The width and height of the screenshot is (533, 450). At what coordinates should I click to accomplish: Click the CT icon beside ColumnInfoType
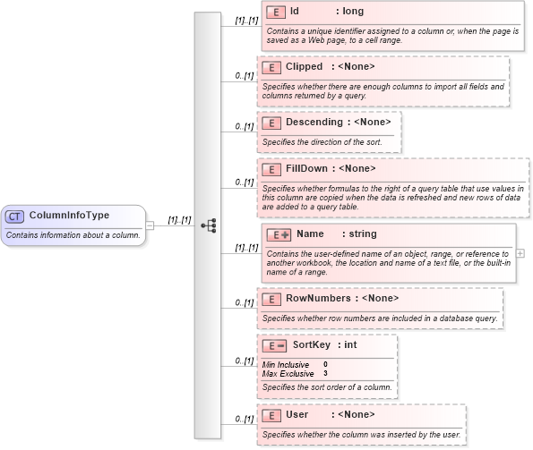(x=14, y=217)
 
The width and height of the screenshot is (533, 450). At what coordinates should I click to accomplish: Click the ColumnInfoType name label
(x=70, y=216)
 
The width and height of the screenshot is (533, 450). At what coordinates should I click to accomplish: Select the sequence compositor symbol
(x=209, y=225)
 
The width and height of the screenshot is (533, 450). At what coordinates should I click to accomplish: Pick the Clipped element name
(x=304, y=67)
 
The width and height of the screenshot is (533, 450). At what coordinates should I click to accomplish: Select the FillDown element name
(x=306, y=168)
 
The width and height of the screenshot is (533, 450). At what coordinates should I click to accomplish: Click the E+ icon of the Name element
(x=279, y=234)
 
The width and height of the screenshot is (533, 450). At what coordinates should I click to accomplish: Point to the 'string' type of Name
(x=363, y=234)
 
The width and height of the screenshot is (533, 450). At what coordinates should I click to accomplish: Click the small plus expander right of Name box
(x=520, y=253)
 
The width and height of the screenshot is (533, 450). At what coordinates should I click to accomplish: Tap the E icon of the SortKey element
(x=274, y=345)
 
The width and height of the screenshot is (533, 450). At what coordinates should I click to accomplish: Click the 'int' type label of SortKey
(x=351, y=345)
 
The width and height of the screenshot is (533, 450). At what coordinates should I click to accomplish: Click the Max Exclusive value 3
(x=325, y=373)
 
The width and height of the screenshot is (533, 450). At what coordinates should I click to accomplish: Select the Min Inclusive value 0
(x=325, y=364)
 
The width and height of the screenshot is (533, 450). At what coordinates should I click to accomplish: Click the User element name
(x=297, y=415)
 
